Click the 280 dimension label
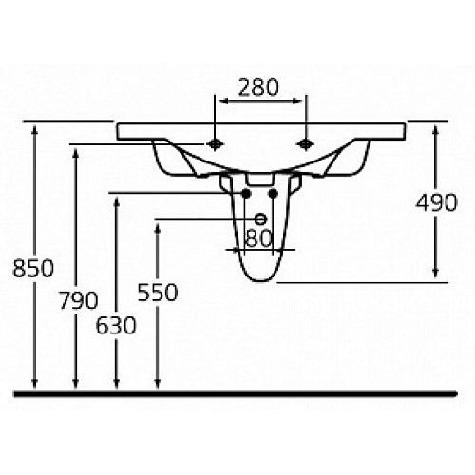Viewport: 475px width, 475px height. (x=258, y=87)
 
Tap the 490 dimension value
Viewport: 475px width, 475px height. (x=436, y=202)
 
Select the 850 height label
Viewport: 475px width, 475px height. (x=33, y=268)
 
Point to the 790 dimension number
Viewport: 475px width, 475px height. (x=79, y=300)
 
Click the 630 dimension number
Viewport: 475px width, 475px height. (x=116, y=325)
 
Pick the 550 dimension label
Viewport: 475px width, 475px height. (x=158, y=292)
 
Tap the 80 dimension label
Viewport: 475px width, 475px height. (x=258, y=238)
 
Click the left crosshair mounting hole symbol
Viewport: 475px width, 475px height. (x=215, y=144)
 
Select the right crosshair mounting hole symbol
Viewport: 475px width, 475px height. (x=305, y=144)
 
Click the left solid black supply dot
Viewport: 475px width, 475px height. (x=246, y=193)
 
